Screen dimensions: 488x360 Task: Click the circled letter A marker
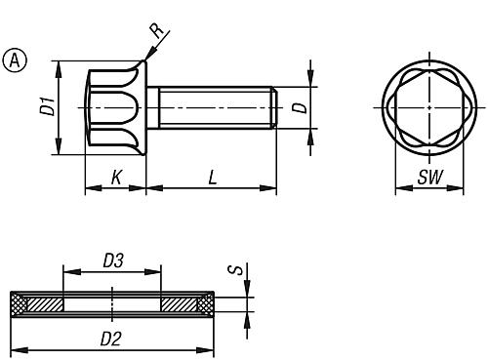point(15,60)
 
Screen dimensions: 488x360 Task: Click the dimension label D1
point(48,107)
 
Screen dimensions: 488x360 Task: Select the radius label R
point(157,30)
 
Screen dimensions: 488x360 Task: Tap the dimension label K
point(116,178)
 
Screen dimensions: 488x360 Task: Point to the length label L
point(213,178)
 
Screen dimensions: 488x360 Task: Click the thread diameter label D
point(300,108)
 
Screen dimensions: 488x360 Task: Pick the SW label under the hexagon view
point(430,178)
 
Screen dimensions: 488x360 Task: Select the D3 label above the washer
point(113,260)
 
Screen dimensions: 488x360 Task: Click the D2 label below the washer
point(111,340)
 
